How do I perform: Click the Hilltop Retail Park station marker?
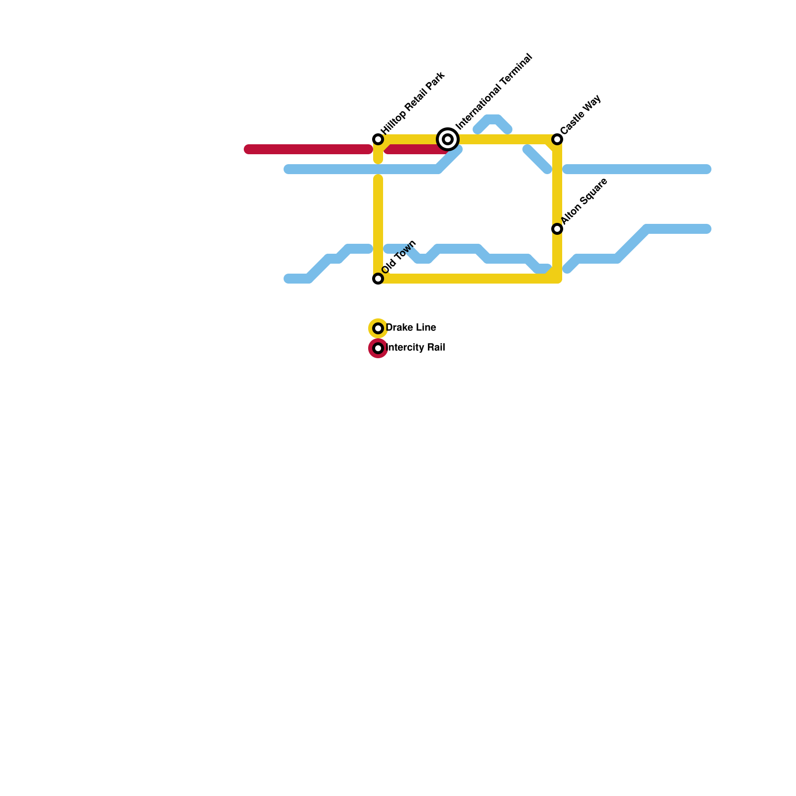point(378,139)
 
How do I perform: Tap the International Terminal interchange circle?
point(448,139)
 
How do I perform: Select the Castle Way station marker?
point(557,139)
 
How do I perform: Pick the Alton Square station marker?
point(557,229)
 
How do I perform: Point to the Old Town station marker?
point(378,279)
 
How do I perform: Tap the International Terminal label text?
point(494,92)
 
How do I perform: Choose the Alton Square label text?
point(584,201)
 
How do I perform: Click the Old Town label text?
point(399,257)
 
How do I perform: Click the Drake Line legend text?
point(411,328)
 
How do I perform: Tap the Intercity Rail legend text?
point(415,348)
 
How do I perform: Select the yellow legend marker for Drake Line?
point(378,328)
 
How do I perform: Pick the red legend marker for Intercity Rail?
point(378,348)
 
